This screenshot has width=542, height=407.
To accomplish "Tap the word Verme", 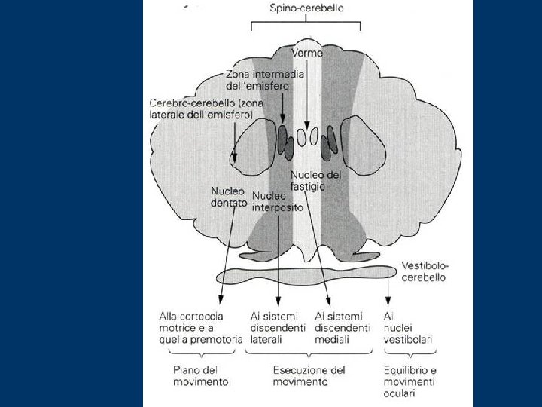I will click(x=307, y=53).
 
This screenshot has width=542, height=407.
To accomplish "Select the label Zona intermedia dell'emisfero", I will click(x=256, y=80).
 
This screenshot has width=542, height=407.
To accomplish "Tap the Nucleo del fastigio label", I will click(x=315, y=180).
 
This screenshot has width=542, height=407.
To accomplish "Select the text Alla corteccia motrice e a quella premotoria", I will click(x=200, y=328).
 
